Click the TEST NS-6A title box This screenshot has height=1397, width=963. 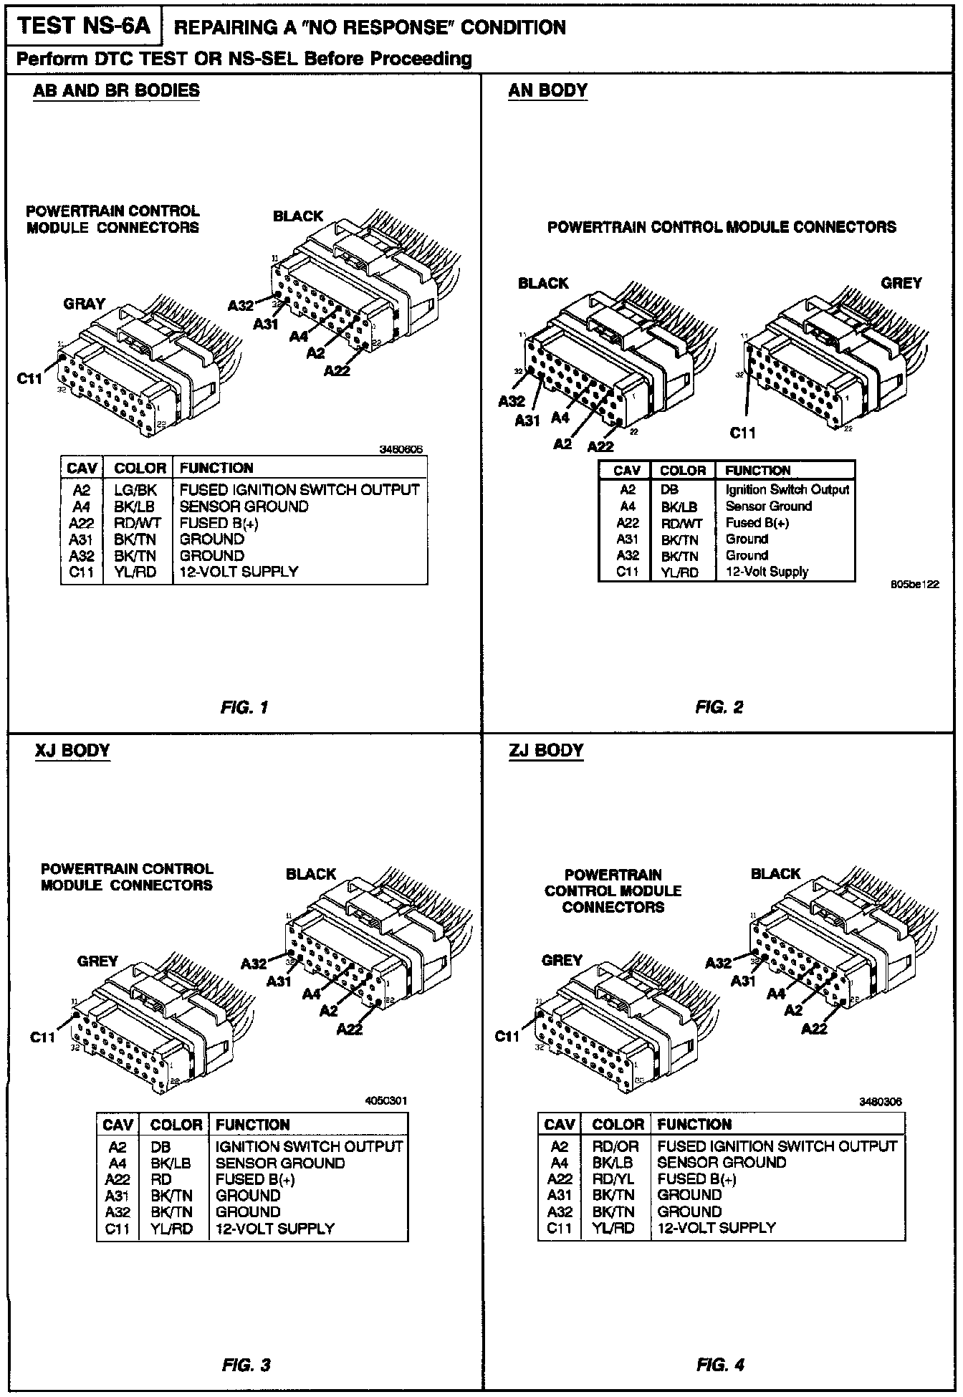85,26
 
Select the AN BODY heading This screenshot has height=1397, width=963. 547,90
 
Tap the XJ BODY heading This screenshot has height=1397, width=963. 72,750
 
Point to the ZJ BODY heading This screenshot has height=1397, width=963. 547,750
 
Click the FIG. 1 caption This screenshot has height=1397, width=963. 244,707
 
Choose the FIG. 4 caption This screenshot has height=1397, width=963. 720,1365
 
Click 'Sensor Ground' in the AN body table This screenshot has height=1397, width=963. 768,506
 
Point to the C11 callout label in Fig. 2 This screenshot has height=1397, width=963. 743,433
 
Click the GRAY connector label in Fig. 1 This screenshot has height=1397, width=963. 85,304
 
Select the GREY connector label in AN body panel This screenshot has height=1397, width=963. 901,283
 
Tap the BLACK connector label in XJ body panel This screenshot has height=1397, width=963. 311,874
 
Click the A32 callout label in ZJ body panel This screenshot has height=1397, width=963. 719,963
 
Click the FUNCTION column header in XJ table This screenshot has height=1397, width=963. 252,1125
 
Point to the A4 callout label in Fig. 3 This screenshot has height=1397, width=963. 312,994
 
